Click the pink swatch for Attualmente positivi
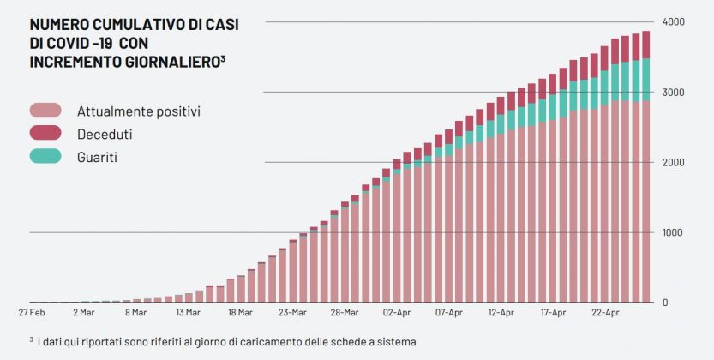click(x=45, y=111)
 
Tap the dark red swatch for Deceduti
click(x=45, y=133)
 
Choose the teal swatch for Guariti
click(x=45, y=156)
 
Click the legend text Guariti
click(x=97, y=157)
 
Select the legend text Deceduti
click(x=105, y=134)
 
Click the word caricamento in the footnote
click(x=276, y=341)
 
